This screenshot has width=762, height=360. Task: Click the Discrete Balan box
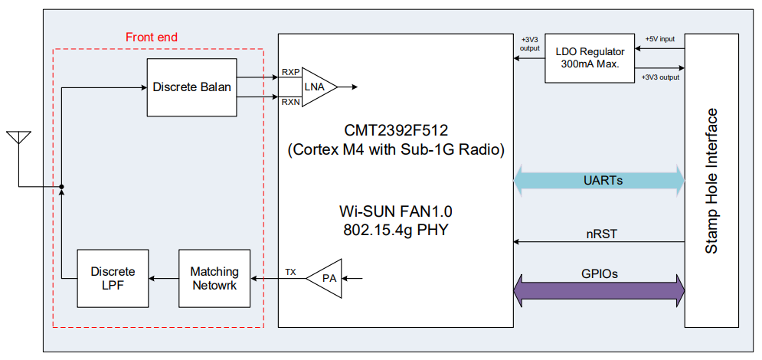coord(191,88)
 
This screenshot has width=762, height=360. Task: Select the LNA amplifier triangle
coord(316,87)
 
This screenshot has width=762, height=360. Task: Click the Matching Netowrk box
coord(214,278)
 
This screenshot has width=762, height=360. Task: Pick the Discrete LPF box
coord(113,278)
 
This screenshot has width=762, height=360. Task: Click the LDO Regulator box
coord(590,58)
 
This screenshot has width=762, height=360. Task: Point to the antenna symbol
coord(19,139)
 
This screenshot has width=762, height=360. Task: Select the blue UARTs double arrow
coord(599,181)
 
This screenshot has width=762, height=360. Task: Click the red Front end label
coord(151,37)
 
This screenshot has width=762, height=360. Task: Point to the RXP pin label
coord(290,72)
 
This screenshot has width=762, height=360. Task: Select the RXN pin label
coord(290,102)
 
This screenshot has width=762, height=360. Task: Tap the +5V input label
coord(659,38)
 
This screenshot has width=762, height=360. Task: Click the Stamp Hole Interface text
coord(712,181)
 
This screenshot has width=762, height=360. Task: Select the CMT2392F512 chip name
coord(396,130)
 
